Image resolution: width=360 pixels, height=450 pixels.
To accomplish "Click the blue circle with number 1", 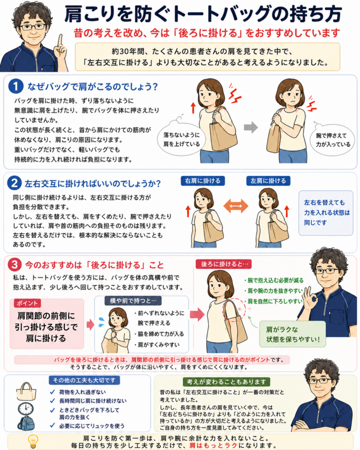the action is [16, 86].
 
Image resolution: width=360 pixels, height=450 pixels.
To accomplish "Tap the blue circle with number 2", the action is [15, 183].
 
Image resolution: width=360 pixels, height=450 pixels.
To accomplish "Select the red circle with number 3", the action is [15, 264].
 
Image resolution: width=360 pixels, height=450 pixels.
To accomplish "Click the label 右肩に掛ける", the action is [202, 181].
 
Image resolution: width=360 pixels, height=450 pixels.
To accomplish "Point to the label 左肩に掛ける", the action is [268, 181].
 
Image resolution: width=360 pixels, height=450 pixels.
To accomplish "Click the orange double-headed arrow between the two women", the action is [236, 206].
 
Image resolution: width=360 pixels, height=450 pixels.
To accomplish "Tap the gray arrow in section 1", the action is [251, 127].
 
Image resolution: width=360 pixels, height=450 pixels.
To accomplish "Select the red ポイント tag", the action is [27, 303].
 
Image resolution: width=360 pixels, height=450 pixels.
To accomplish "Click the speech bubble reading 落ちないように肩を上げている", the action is [181, 139].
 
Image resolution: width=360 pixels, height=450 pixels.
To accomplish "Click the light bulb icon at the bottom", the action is [33, 442].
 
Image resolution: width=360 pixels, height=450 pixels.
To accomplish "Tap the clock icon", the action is [26, 409].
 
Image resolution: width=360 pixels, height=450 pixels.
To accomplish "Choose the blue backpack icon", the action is [26, 423].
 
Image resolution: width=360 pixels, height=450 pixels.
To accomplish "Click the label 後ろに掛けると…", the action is [224, 264].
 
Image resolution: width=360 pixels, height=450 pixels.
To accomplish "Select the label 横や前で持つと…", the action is [133, 300].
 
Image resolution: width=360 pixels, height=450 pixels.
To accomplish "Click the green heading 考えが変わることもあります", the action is [226, 382].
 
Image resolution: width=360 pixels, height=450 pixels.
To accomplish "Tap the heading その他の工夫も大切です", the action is [84, 380].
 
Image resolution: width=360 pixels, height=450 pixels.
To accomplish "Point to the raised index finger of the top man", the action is [60, 40].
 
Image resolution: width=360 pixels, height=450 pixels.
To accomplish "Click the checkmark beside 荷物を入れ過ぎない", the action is [52, 392].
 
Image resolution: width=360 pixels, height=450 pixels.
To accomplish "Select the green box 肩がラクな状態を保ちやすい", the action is [292, 334].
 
